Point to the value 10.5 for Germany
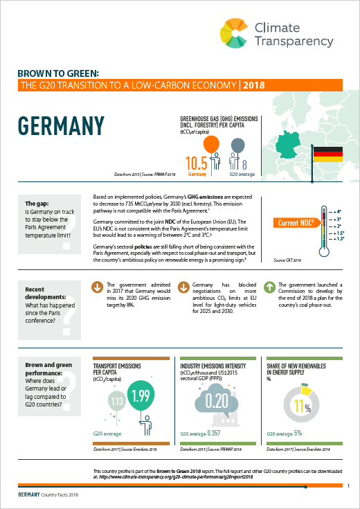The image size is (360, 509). (197, 164)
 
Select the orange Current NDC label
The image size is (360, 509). (296, 222)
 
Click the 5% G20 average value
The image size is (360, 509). (298, 434)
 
